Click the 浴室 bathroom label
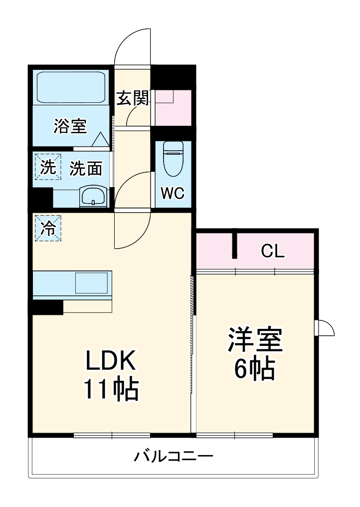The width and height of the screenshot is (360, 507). pyautogui.click(x=70, y=127)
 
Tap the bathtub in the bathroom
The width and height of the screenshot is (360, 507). pyautogui.click(x=70, y=87)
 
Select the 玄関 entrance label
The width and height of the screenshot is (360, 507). pyautogui.click(x=133, y=98)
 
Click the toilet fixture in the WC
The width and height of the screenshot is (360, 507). pyautogui.click(x=173, y=158)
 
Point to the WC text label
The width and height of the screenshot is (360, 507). pyautogui.click(x=173, y=193)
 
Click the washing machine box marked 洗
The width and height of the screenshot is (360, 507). pyautogui.click(x=46, y=168)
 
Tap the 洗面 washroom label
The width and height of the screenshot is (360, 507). pyautogui.click(x=85, y=169)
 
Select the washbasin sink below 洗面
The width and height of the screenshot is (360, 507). pyautogui.click(x=93, y=196)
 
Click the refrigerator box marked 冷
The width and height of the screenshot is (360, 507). pyautogui.click(x=47, y=228)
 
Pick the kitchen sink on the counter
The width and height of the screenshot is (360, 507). pyautogui.click(x=91, y=283)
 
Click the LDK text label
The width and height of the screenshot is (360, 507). pyautogui.click(x=111, y=360)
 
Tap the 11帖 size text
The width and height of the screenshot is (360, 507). pyautogui.click(x=111, y=390)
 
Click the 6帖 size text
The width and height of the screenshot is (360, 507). pyautogui.click(x=254, y=370)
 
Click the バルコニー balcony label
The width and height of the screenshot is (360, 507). pyautogui.click(x=174, y=456)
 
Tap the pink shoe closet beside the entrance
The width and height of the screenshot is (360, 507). pyautogui.click(x=173, y=107)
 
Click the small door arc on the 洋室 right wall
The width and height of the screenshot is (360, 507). pyautogui.click(x=325, y=328)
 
